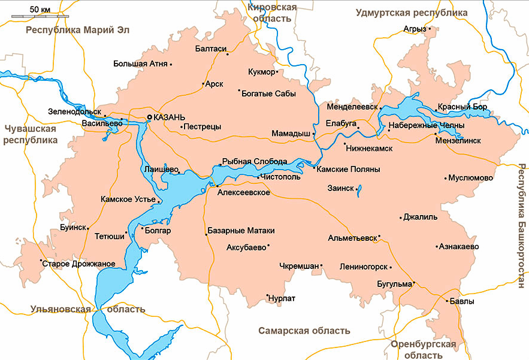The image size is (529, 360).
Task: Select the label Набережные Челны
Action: [x=426, y=126]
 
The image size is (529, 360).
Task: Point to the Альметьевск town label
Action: [x=352, y=238]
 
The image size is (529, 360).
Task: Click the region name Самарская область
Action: [x=304, y=331]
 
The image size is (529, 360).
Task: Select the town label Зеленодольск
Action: [x=75, y=111]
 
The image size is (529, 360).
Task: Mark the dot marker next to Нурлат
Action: [x=267, y=295]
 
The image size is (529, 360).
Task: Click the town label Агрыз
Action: [x=415, y=29]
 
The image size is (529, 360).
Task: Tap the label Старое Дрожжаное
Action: [x=80, y=264]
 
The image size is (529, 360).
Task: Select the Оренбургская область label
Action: [x=423, y=350]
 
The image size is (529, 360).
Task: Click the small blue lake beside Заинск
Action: [x=358, y=191]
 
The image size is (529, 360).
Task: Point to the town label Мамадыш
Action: [x=291, y=133]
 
